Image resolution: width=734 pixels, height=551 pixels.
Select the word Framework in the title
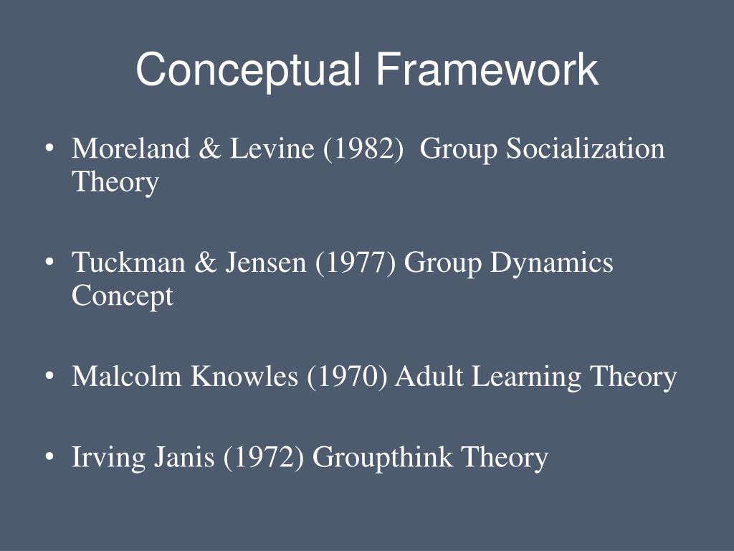pyautogui.click(x=485, y=70)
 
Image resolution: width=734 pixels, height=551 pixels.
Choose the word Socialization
pyautogui.click(x=586, y=149)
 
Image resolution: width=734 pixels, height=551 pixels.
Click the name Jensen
pyautogui.click(x=267, y=263)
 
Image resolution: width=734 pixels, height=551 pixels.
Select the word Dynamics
pyautogui.click(x=551, y=263)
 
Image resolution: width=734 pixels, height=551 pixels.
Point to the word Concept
pyautogui.click(x=122, y=296)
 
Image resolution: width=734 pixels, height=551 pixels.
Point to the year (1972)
pyautogui.click(x=264, y=457)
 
